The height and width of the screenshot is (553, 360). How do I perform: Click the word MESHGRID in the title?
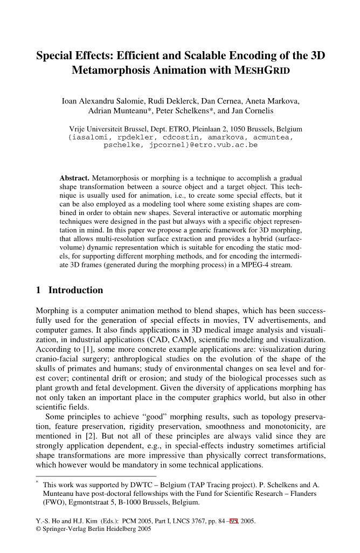[x=259, y=71]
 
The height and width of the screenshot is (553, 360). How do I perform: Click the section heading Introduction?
[x=75, y=291]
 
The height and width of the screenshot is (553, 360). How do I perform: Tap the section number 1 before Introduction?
[x=38, y=291]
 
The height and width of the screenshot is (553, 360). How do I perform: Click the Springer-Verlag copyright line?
[x=93, y=529]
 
